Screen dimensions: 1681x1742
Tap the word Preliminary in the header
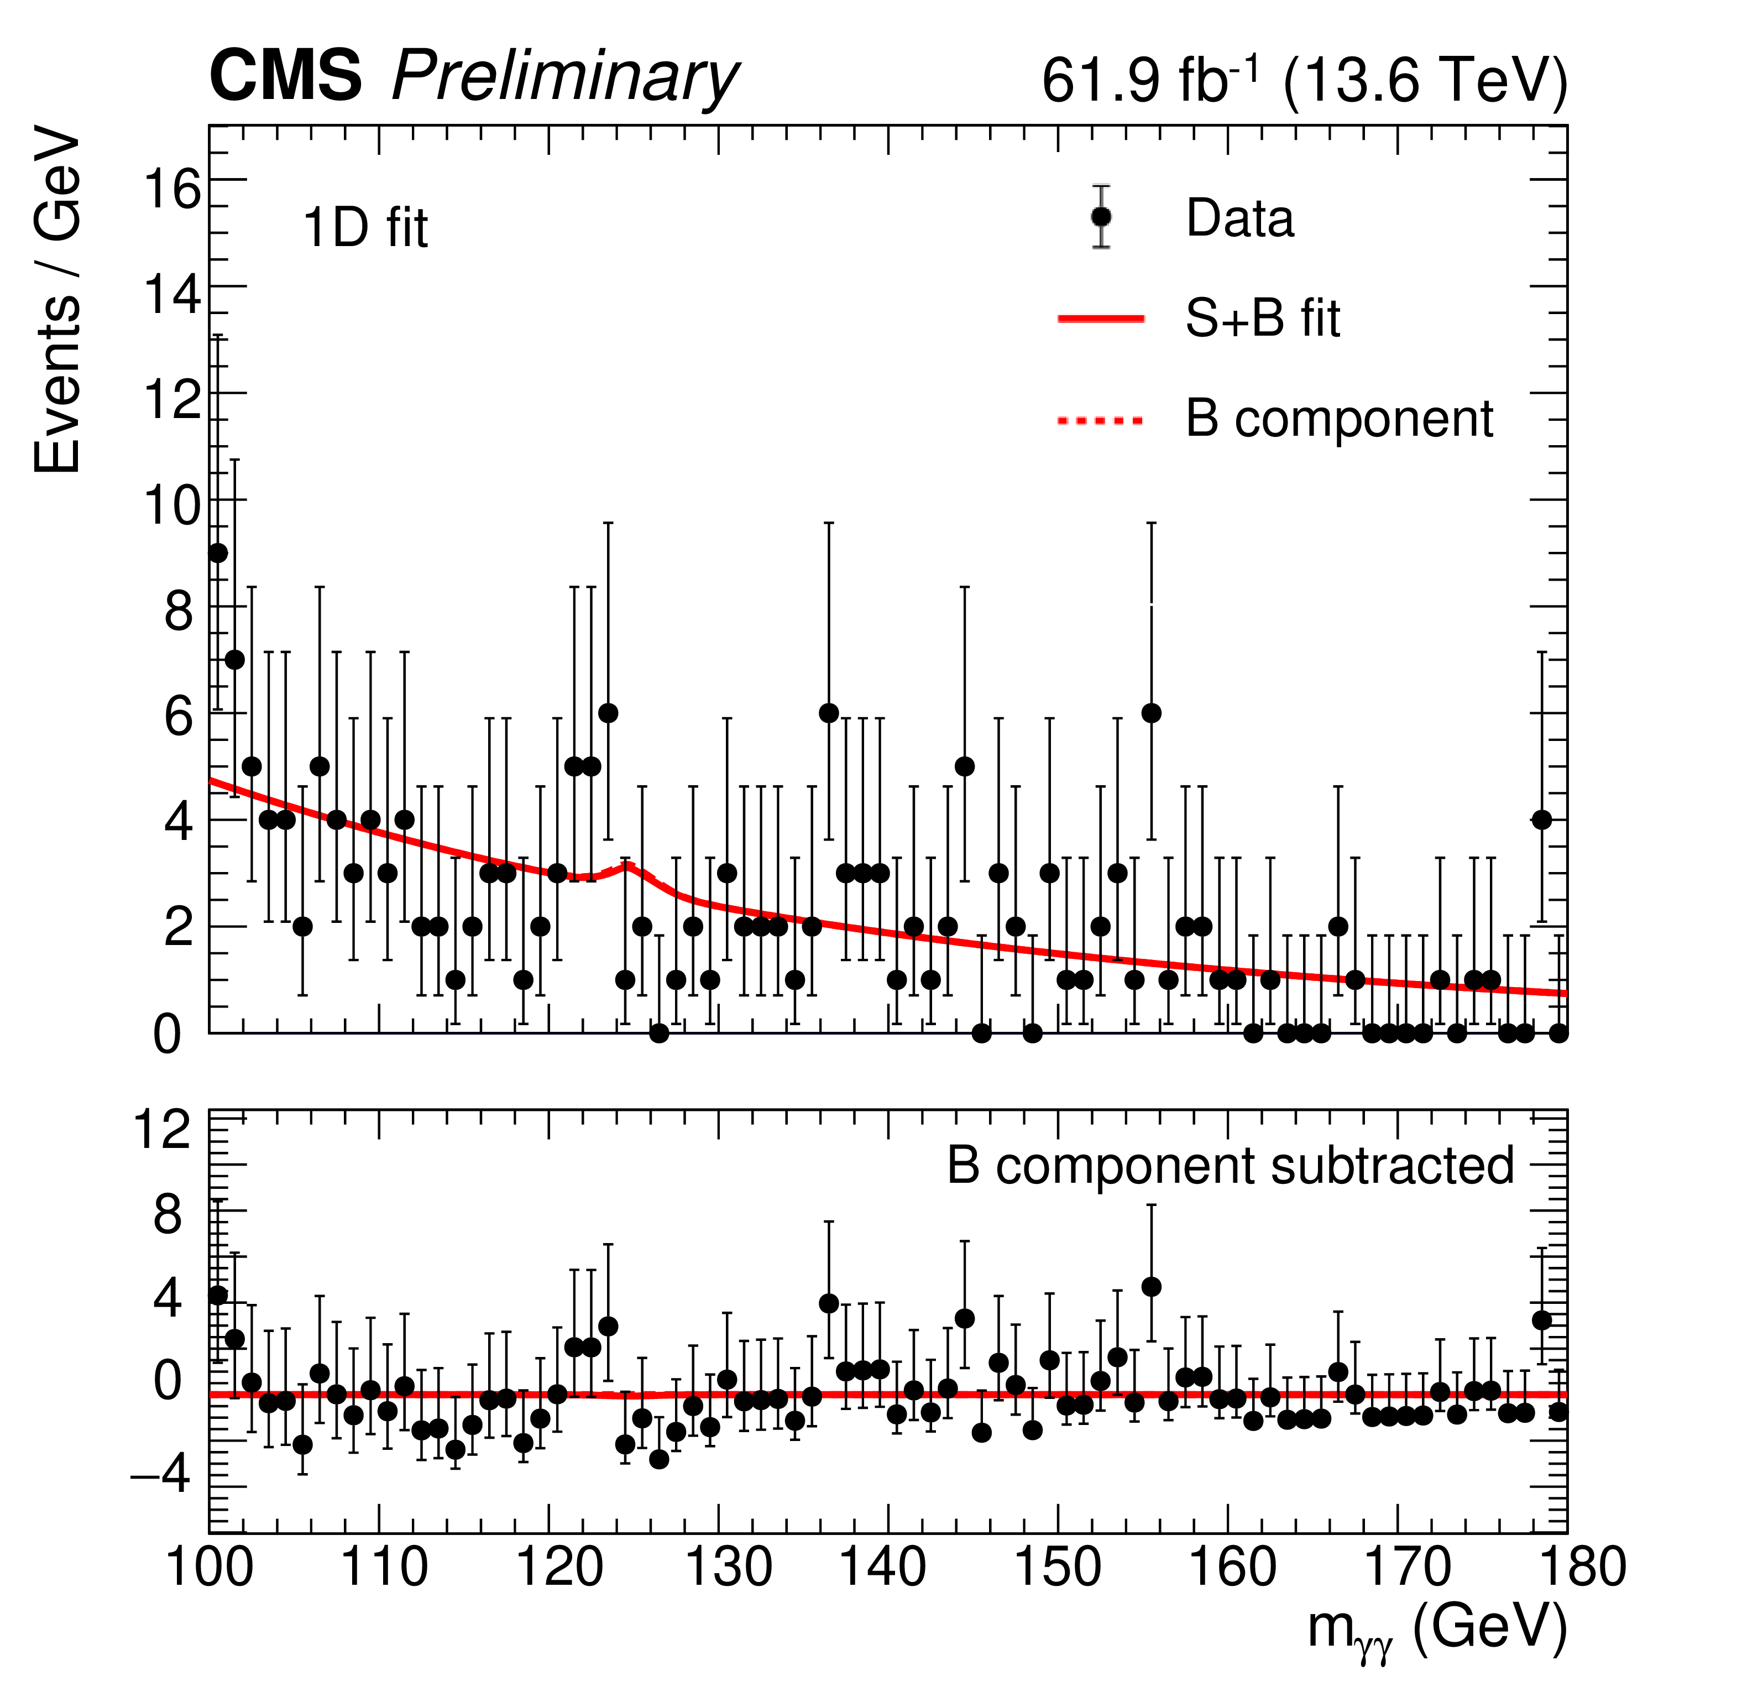(x=564, y=78)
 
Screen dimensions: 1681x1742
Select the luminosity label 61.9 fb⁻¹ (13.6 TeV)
(x=1304, y=81)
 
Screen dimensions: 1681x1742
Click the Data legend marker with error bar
(x=1101, y=217)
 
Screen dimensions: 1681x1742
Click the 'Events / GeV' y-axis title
(x=57, y=302)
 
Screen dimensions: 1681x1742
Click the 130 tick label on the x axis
(x=729, y=1568)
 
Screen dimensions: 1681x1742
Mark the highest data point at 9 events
(x=218, y=553)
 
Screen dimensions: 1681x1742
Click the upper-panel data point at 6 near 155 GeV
(x=1152, y=713)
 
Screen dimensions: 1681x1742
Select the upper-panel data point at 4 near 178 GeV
(x=1542, y=819)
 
